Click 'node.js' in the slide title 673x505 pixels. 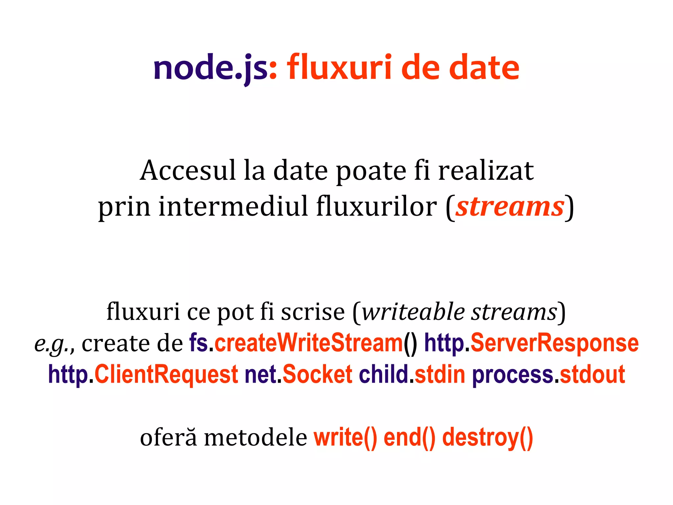(210, 68)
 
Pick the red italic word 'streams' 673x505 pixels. (510, 206)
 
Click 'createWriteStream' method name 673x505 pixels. (309, 343)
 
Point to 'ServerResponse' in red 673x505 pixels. (555, 343)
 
